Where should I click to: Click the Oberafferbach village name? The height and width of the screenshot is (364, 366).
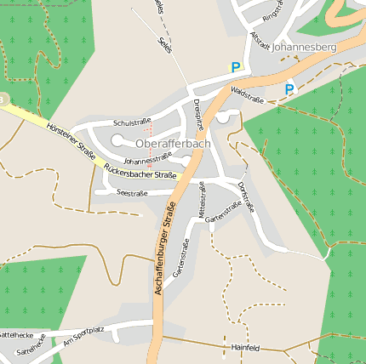click(173, 144)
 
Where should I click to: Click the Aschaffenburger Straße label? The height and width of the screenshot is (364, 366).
click(164, 248)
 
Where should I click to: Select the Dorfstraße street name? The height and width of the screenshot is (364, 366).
click(247, 196)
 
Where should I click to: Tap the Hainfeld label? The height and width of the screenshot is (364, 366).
click(245, 347)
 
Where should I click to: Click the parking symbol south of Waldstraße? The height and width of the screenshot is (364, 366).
click(289, 88)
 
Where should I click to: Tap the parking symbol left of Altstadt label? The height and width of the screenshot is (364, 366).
click(236, 66)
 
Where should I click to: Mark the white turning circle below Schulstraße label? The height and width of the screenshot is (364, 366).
click(117, 139)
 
